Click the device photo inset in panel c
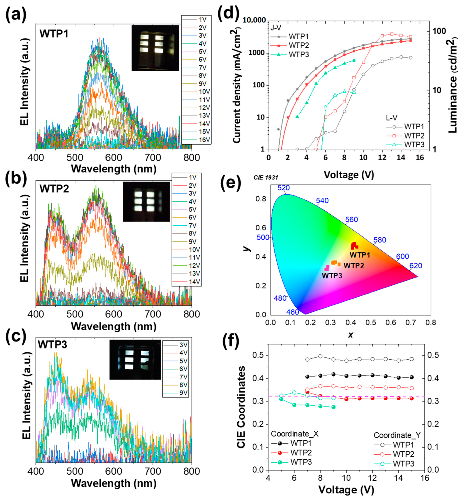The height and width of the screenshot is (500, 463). (x=135, y=359)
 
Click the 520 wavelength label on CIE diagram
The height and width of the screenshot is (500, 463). (x=283, y=188)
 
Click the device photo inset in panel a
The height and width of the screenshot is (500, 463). (x=155, y=48)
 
